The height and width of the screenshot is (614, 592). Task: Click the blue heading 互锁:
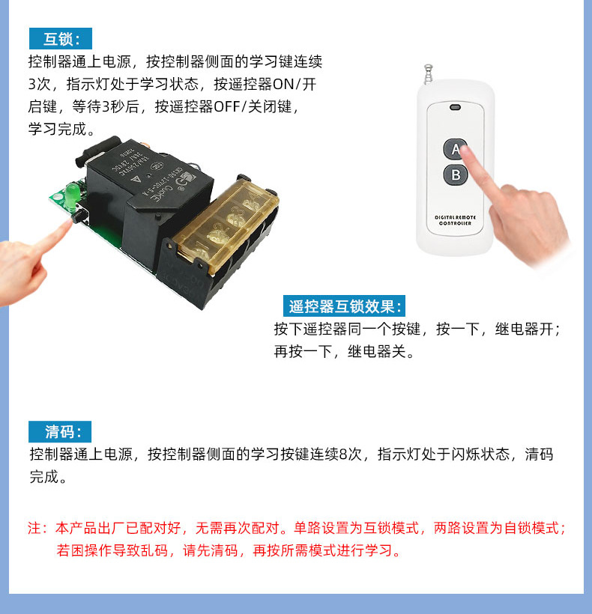60,39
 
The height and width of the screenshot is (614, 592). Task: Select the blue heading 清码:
60,432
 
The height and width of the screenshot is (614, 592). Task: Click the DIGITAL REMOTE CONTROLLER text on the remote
453,220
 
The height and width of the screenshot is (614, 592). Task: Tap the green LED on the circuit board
71,196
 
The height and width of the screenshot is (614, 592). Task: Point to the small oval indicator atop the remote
454,107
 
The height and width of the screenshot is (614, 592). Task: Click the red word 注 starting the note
34,528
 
